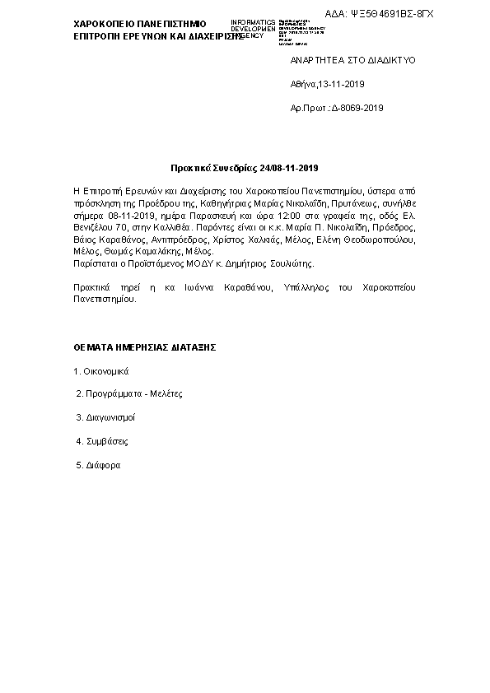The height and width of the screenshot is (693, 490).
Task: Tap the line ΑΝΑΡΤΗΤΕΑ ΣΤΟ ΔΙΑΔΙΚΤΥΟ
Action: [x=352, y=61]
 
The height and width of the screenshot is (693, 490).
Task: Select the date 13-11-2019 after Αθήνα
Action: [x=341, y=84]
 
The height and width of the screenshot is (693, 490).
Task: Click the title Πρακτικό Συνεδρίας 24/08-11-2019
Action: [x=244, y=169]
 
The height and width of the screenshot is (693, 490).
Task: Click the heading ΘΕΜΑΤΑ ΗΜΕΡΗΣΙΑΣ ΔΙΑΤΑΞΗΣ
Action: [x=145, y=347]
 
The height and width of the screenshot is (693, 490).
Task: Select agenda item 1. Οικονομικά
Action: [x=102, y=370]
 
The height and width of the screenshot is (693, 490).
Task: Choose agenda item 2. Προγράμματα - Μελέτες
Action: [x=128, y=394]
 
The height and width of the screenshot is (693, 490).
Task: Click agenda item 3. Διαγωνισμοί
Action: [x=105, y=418]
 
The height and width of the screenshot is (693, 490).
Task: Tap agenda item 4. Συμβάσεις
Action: [x=101, y=442]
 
